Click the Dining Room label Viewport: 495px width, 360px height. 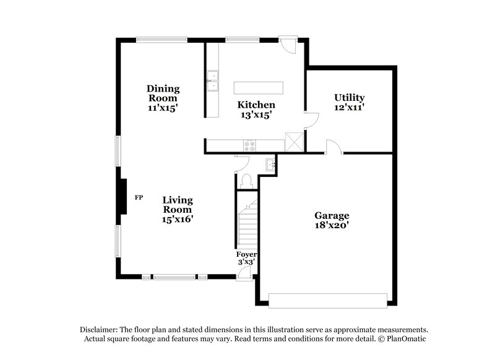coord(162,93)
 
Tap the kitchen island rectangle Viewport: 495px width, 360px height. coord(258,87)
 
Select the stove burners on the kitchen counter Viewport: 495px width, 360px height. coord(250,146)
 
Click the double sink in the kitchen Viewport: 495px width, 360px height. coord(212,80)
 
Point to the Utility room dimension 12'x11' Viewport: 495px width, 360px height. coord(349,107)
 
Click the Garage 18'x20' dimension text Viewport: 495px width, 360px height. coord(332,225)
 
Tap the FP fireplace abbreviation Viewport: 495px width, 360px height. coord(139,197)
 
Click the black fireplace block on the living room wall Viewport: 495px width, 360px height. coord(124,197)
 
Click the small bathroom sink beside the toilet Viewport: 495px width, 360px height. coord(270,164)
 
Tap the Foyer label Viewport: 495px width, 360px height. coord(246,254)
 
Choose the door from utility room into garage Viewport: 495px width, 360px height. coord(334,147)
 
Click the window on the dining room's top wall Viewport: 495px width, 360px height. coord(161,40)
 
